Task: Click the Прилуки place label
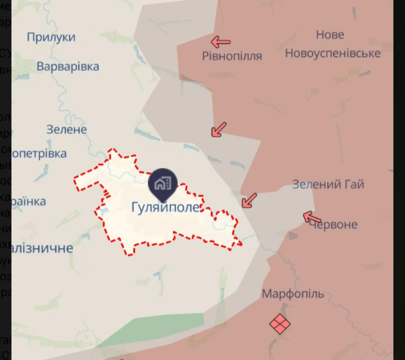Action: pos(51,37)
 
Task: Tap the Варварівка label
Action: pos(68,67)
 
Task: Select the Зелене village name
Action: pos(67,129)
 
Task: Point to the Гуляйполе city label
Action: pos(165,207)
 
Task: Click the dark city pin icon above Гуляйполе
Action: pos(162,182)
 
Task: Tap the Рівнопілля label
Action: pos(232,56)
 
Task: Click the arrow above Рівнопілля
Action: pos(221,42)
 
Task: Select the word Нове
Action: pos(330,35)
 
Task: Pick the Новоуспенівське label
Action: pos(332,53)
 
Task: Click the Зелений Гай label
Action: pos(328,184)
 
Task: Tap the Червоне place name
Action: pos(333,225)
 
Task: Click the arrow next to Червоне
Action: pos(312,217)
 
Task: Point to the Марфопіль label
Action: pos(293,294)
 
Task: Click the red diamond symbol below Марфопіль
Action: pos(279,323)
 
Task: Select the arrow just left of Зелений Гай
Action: pos(249,201)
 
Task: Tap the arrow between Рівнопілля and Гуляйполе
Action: pos(218,129)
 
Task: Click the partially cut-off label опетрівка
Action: pos(39,153)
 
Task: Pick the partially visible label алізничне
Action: pos(42,248)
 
